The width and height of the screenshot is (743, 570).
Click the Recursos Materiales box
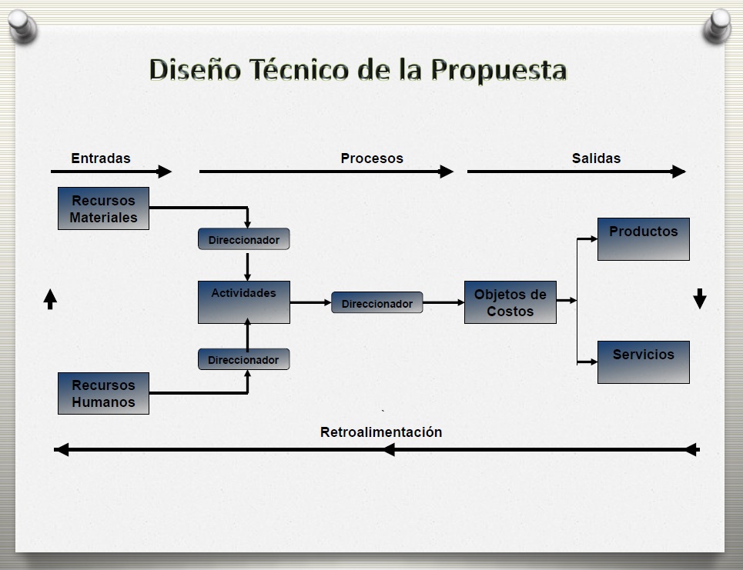[103, 208]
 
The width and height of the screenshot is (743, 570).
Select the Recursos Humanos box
[103, 393]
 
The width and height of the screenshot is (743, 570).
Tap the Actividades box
[244, 302]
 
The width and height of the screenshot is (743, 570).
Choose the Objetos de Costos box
[510, 302]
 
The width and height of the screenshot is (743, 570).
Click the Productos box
[644, 239]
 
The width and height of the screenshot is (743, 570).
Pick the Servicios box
[644, 362]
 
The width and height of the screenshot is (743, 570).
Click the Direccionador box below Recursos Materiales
[244, 239]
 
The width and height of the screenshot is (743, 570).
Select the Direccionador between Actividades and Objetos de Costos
[377, 302]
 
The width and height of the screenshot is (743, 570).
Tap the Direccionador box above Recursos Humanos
[244, 359]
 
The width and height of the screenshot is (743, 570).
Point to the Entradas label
[100, 158]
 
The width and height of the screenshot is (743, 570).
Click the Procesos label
[372, 158]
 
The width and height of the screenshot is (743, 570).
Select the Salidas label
[596, 158]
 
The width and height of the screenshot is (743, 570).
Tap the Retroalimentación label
[381, 432]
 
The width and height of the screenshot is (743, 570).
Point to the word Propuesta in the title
[498, 71]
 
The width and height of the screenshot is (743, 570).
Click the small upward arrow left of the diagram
[50, 299]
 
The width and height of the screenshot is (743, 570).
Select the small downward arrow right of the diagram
[700, 298]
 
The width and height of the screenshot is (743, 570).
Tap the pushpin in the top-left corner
[22, 26]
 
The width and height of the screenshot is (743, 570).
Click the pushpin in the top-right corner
[718, 26]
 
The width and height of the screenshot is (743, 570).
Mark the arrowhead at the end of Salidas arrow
[678, 172]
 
